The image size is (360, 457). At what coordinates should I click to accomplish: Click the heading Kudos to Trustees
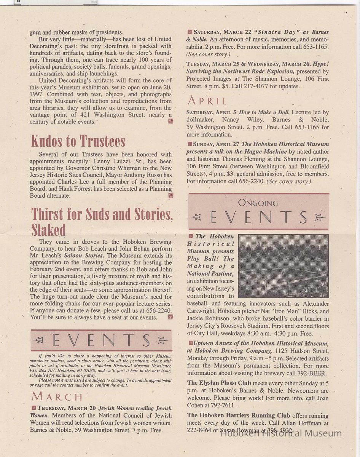[x=78, y=141]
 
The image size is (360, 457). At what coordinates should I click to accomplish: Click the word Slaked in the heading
[x=48, y=230]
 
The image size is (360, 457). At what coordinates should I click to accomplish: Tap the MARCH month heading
[x=57, y=396]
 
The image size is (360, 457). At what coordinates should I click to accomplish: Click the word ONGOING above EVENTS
[x=258, y=203]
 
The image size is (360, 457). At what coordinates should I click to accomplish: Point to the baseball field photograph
[x=283, y=265]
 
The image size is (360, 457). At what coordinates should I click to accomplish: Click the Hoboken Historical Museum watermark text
[x=281, y=433]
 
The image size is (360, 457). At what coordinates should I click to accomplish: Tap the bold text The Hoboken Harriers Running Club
[x=239, y=415]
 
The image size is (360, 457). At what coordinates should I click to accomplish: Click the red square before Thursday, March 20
[x=33, y=408]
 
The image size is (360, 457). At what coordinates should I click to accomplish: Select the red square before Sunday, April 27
[x=189, y=144]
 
